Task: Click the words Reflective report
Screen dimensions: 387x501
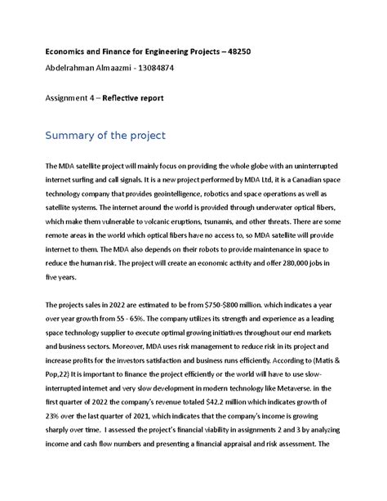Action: point(132,97)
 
